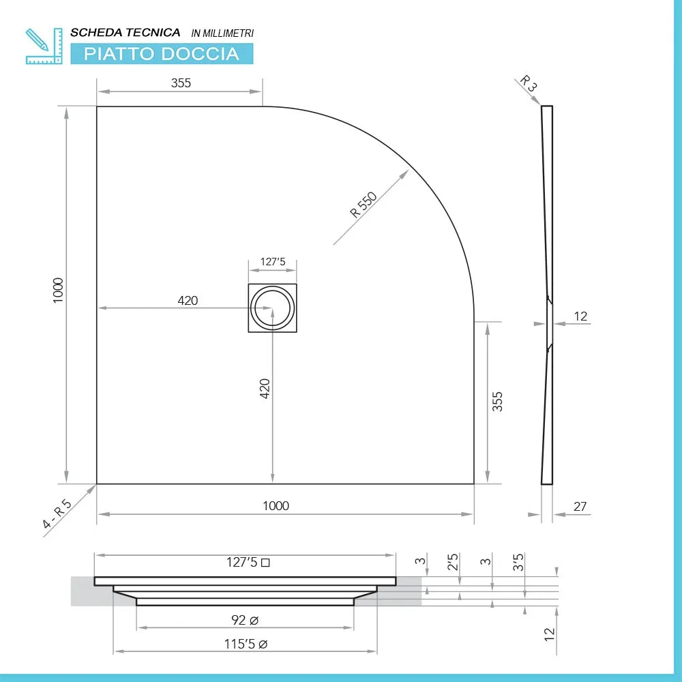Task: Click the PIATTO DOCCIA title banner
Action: click(x=162, y=54)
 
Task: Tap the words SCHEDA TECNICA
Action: click(x=125, y=33)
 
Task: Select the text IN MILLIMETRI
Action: click(x=222, y=33)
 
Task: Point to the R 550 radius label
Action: click(x=364, y=205)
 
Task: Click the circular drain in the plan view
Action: click(x=272, y=308)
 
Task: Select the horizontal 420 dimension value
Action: click(x=188, y=300)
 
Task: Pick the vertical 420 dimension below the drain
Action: click(x=265, y=388)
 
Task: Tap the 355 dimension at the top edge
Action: click(x=181, y=83)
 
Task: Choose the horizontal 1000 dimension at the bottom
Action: click(x=276, y=505)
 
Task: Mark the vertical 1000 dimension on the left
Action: click(x=58, y=291)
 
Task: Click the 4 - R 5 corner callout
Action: click(x=57, y=514)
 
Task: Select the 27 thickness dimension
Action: click(x=580, y=507)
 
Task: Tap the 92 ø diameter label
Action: click(x=244, y=620)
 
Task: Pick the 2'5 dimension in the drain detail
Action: click(x=453, y=563)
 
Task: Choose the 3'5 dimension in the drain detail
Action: click(x=518, y=563)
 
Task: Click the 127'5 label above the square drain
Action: click(x=272, y=262)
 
